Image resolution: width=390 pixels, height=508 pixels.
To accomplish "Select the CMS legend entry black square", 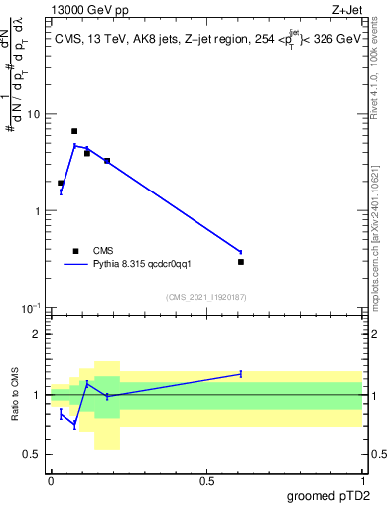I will (75, 251).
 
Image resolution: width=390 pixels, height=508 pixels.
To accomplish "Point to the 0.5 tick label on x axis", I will (206, 479).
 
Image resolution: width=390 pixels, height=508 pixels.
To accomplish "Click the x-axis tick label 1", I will (362, 479).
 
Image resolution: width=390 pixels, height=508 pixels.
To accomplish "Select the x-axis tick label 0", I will (51, 479).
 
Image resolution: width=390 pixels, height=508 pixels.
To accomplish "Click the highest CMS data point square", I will (74, 131).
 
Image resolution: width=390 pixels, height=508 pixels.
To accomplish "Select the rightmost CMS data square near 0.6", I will (241, 262).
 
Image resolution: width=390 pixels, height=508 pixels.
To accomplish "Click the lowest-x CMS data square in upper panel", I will (61, 183).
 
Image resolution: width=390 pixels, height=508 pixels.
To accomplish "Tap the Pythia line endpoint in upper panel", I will (241, 252).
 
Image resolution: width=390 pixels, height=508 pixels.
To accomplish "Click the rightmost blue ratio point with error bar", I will (241, 374).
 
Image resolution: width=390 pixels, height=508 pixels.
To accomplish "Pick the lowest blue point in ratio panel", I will (74, 425).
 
